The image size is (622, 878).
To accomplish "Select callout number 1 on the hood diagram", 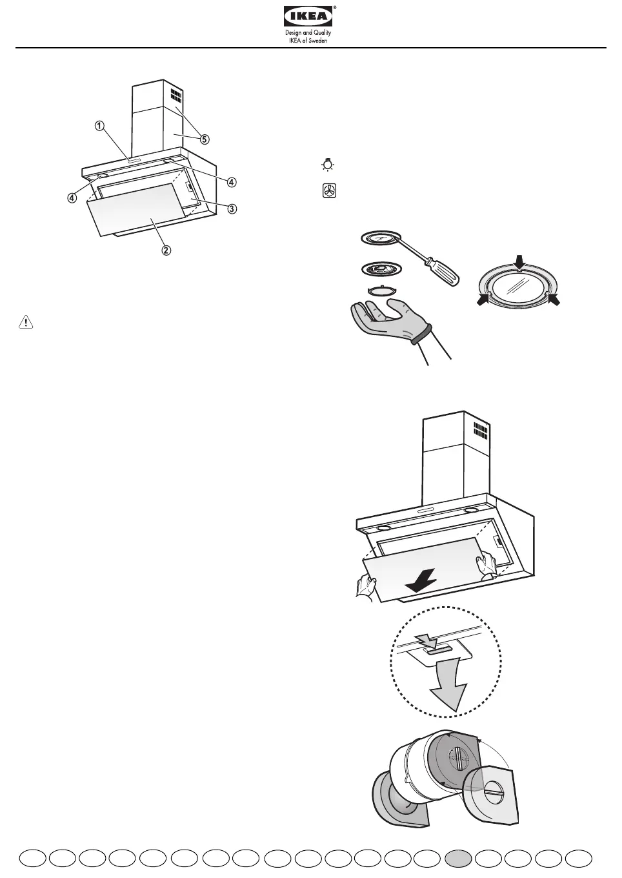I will click(99, 127).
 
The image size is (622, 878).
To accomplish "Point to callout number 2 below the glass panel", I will click(166, 250).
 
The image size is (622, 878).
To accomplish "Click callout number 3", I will click(231, 209).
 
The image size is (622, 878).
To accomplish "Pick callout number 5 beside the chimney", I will click(204, 139).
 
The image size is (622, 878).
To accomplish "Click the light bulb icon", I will click(328, 165).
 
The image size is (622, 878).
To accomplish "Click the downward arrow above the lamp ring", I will click(521, 261).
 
